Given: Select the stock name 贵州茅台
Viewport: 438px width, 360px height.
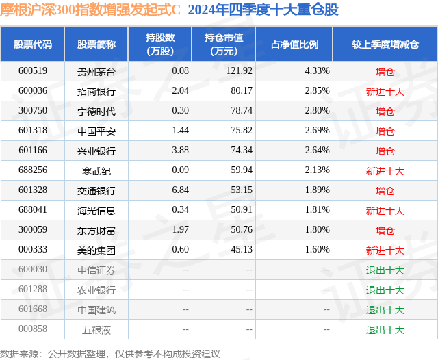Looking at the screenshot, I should tap(96, 71).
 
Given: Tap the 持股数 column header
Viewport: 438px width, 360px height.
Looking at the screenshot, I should tap(160, 44).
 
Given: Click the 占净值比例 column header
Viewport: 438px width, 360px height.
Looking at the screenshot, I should tap(294, 44).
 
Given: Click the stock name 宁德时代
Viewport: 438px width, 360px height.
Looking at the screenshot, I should tap(96, 111).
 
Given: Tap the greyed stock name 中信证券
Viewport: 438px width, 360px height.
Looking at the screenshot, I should tap(96, 270).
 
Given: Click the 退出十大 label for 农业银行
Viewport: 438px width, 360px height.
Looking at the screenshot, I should tap(385, 290).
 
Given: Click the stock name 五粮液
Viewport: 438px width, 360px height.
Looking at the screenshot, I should tap(96, 330).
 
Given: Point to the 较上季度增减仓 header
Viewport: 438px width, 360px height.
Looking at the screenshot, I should tap(385, 44).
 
